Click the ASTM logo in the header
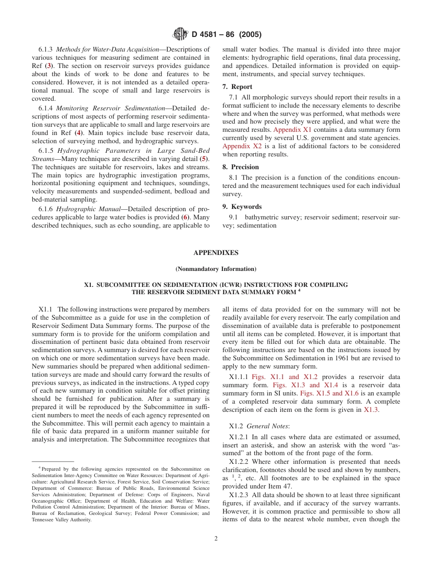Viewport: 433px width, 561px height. (181, 34)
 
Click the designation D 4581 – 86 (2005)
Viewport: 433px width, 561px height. (227, 35)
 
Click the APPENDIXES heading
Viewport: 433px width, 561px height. (216, 253)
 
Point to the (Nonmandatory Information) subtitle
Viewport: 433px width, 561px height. (216, 269)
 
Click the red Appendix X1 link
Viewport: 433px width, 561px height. (292, 130)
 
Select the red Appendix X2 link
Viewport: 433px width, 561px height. (242, 146)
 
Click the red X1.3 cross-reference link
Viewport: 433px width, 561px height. (371, 410)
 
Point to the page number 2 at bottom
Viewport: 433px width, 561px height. (216, 538)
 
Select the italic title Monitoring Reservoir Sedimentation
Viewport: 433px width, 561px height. (110, 108)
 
